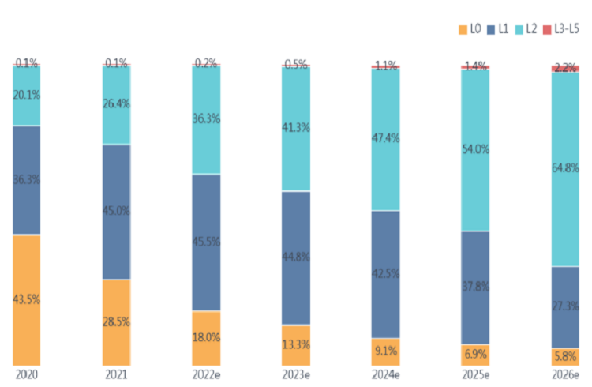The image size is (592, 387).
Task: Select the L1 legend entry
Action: click(496, 29)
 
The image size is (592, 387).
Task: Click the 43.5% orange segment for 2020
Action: click(26, 300)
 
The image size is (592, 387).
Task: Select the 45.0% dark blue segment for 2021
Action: click(116, 211)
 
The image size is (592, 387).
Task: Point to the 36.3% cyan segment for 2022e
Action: click(206, 119)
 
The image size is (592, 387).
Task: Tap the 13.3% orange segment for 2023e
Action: click(296, 345)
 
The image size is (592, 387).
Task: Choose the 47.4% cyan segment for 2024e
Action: click(386, 138)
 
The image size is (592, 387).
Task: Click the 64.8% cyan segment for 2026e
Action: click(565, 168)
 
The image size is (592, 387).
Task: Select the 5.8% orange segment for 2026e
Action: click(565, 357)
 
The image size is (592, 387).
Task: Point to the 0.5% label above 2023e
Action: click(296, 64)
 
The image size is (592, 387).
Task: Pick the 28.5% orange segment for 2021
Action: click(116, 322)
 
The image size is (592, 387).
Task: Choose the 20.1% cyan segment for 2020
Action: click(26, 95)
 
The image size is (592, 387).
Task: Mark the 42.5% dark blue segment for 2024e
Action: click(386, 274)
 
